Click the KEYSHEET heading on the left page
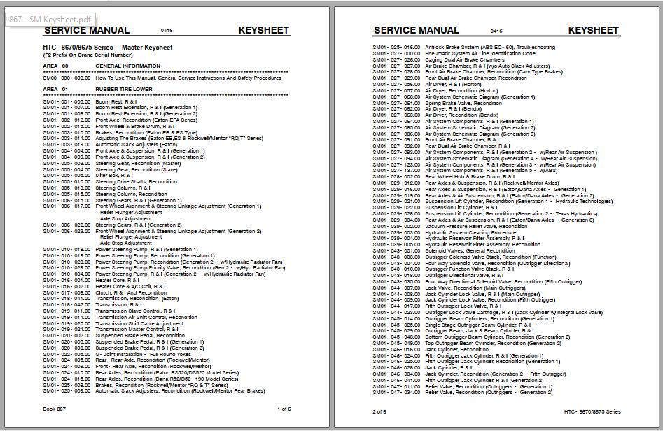[263, 30]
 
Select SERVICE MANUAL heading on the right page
[417, 30]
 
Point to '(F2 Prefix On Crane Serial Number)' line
[88, 55]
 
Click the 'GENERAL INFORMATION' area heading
[127, 66]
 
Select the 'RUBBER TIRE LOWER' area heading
[124, 90]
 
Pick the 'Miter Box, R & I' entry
[113, 176]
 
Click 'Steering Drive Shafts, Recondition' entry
[137, 182]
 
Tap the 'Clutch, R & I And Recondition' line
[131, 292]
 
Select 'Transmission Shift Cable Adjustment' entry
[139, 323]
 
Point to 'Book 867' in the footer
[55, 409]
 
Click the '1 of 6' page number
[284, 409]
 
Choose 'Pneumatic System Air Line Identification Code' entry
[480, 53]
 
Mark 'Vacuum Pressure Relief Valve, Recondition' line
[476, 226]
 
